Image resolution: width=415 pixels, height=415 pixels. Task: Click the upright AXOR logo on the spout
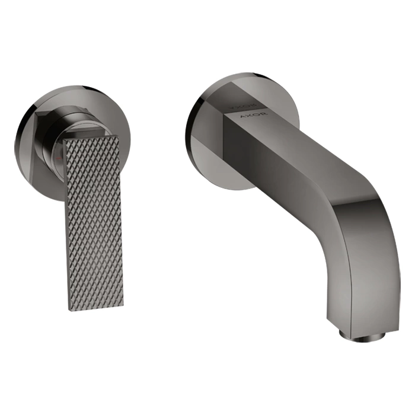[254, 116]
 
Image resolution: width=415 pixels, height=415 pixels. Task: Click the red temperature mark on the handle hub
[59, 158]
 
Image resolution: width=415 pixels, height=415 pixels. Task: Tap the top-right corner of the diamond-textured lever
[119, 136]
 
